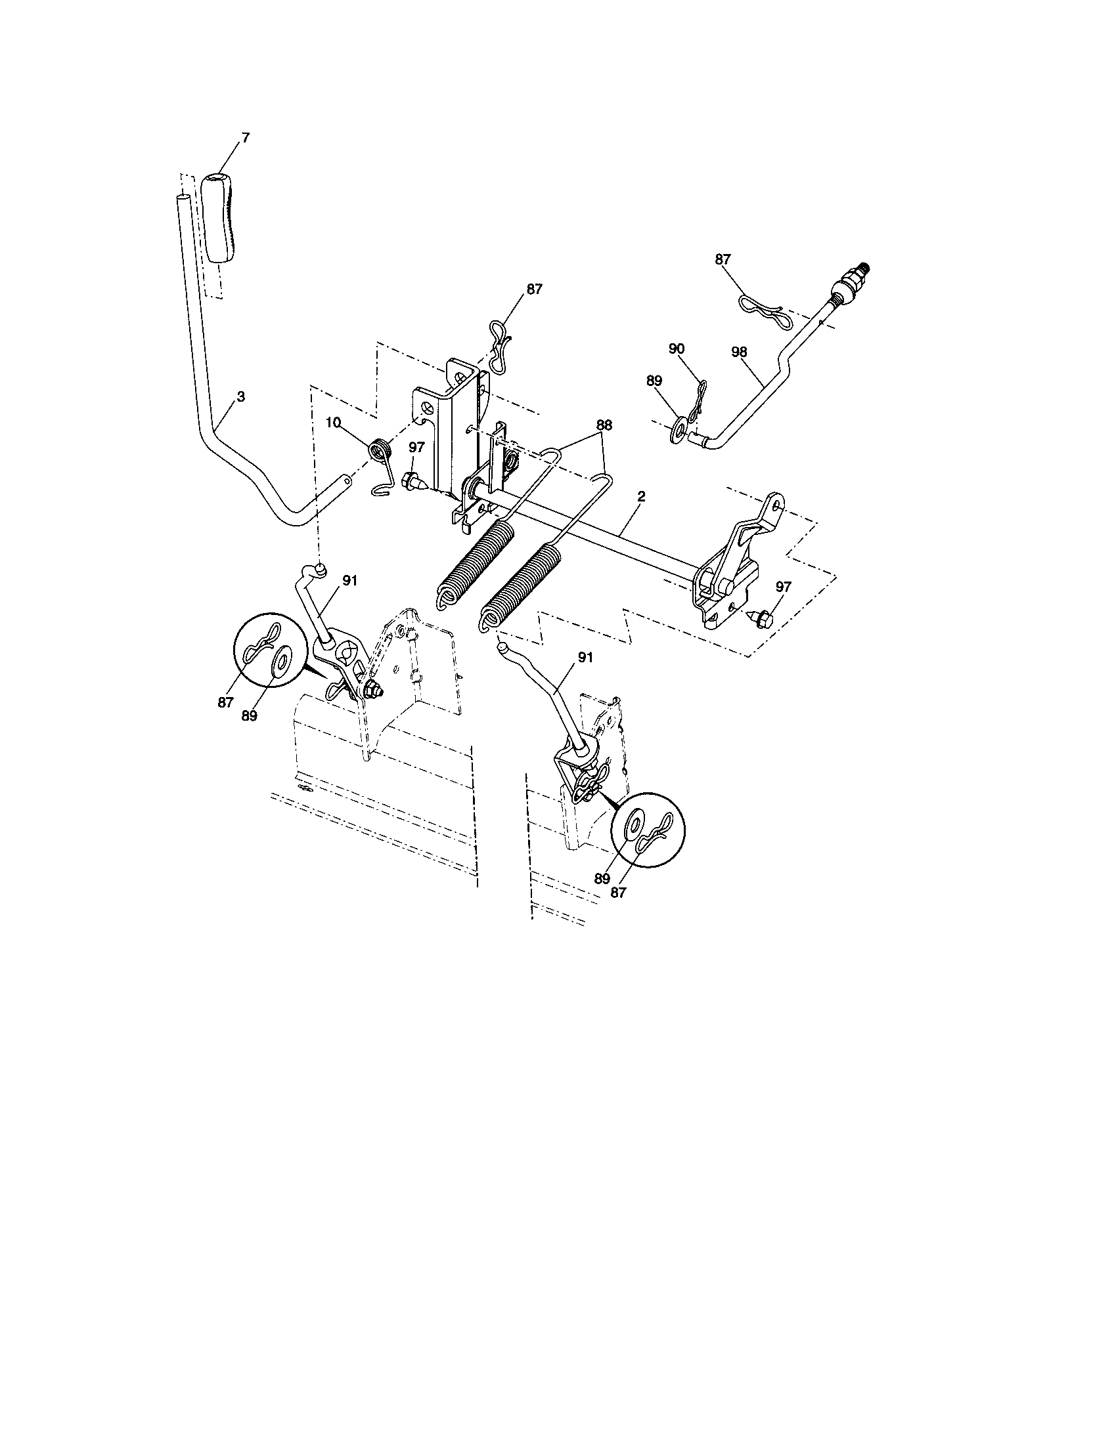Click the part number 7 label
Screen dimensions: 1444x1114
pos(246,138)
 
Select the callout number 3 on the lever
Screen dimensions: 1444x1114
pos(241,396)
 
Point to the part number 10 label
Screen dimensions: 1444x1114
pos(333,421)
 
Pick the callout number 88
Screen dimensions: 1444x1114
pos(603,426)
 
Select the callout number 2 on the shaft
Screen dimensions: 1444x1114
pos(641,495)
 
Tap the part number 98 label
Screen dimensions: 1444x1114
pos(739,352)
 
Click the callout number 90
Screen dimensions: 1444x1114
pos(676,349)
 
